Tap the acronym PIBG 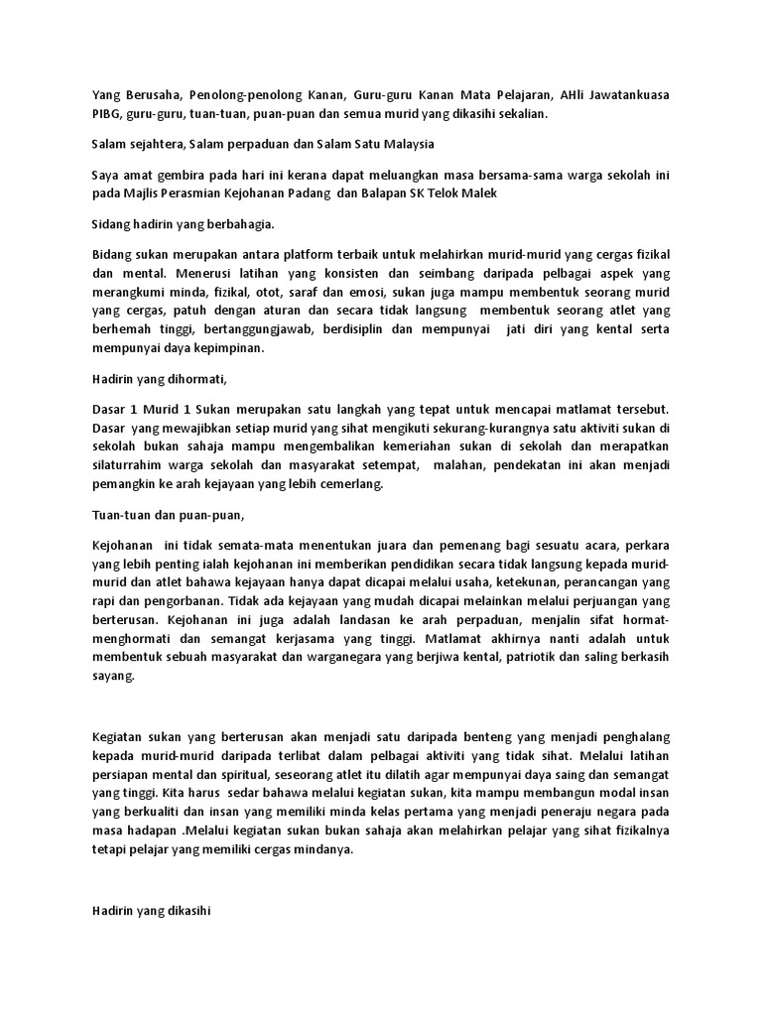click(x=106, y=114)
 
